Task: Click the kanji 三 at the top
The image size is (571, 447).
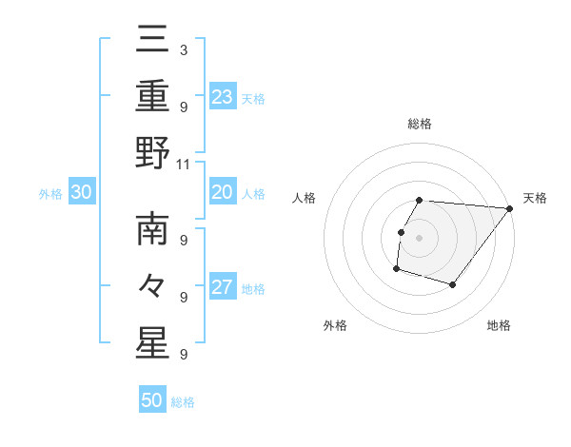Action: (x=152, y=39)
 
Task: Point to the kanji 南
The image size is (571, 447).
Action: (x=152, y=229)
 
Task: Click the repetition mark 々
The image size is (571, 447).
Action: (x=152, y=286)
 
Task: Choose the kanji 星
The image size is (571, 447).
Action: (x=152, y=343)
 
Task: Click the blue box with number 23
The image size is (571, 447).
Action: (x=223, y=96)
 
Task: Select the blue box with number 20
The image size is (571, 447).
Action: (x=223, y=193)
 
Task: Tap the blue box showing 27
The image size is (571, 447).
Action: (x=223, y=288)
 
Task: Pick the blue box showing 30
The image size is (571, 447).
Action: (x=82, y=193)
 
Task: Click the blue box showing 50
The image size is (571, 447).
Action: (x=152, y=400)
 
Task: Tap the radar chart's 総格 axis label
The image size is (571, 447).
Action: (x=420, y=124)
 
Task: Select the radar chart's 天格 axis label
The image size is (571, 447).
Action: (x=535, y=198)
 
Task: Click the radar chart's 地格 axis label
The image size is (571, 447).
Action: (x=499, y=325)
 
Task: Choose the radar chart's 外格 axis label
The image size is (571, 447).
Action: (x=335, y=325)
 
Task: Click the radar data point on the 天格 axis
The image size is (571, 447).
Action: (x=510, y=209)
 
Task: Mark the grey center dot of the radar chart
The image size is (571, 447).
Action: (x=419, y=238)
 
